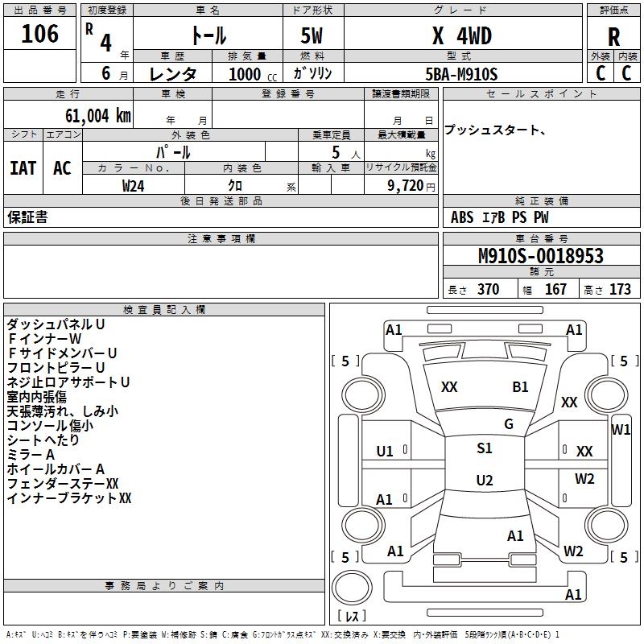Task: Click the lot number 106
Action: [40, 34]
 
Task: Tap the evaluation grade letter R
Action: [614, 38]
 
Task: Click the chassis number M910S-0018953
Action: [540, 257]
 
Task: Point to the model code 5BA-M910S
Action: [461, 74]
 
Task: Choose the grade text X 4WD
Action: [461, 35]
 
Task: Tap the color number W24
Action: [134, 185]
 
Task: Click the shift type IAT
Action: [23, 167]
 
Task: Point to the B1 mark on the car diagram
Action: [521, 387]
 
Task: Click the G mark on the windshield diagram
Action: [509, 424]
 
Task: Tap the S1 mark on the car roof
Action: [485, 448]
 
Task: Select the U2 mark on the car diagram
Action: [485, 481]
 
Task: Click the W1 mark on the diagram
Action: [621, 430]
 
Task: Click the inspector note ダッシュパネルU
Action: [56, 324]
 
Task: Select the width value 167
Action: [556, 290]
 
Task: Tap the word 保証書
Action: [27, 217]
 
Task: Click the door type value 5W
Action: [312, 35]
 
